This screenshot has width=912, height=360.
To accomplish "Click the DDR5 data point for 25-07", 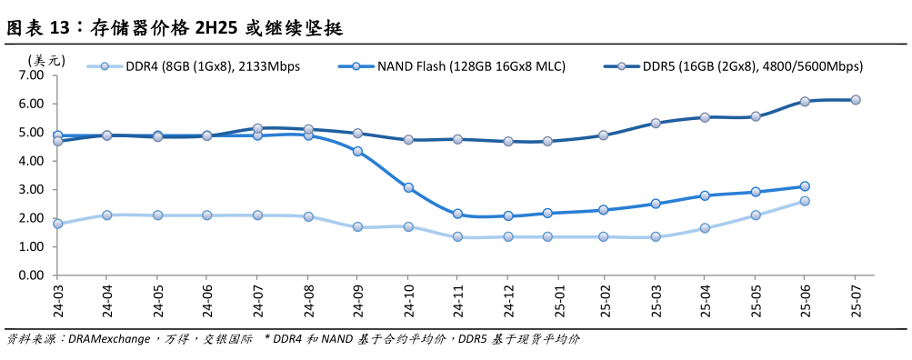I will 856,100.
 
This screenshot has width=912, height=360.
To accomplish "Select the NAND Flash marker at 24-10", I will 408,188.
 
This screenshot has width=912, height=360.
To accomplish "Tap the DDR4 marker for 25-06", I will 805,201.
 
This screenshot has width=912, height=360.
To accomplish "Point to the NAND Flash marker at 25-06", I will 805,186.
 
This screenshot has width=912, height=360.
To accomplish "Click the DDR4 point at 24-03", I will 57,224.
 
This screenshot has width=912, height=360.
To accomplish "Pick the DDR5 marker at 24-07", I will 257,128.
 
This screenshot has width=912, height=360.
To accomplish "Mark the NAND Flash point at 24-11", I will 457,214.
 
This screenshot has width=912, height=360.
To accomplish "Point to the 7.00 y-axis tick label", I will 30,75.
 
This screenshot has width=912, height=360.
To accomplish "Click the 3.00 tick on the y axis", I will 30,189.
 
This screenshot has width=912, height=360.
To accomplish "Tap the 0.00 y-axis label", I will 30,275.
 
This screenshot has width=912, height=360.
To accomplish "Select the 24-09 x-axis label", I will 357,297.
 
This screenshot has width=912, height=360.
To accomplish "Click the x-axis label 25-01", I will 557,297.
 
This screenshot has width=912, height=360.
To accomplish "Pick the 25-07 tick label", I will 856,297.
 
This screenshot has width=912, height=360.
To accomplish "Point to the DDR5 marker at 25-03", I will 656,123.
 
